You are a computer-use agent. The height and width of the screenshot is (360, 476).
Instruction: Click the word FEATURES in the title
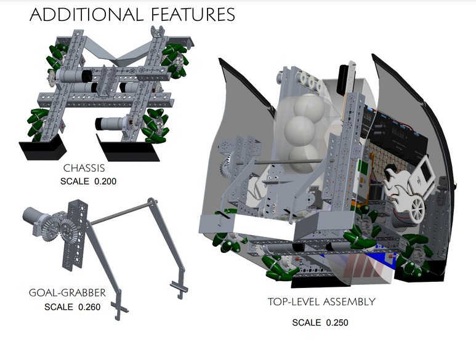pos(188,14)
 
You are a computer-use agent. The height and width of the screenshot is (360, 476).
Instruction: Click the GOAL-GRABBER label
pos(67,292)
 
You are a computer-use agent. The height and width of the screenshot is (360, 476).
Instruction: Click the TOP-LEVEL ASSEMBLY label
pos(321,302)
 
